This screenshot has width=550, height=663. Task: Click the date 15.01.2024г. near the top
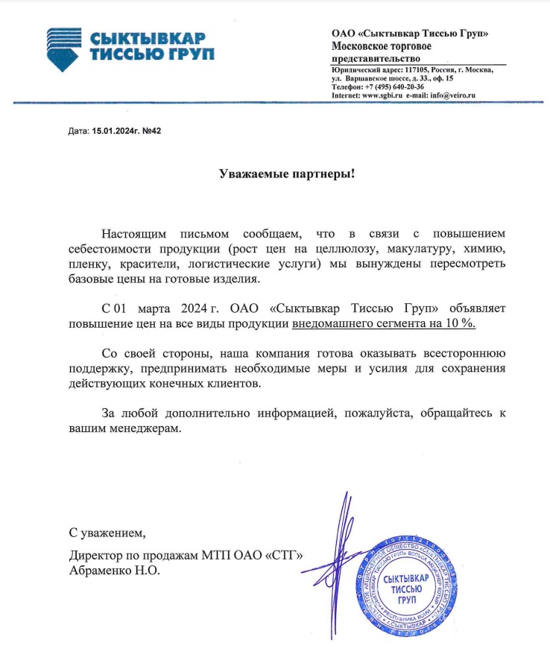tap(116, 131)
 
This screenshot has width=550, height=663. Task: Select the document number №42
tap(152, 131)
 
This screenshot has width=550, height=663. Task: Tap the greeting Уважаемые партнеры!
tap(287, 174)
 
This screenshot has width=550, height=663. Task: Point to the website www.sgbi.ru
tap(382, 95)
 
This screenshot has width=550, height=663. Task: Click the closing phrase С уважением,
tap(104, 533)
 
